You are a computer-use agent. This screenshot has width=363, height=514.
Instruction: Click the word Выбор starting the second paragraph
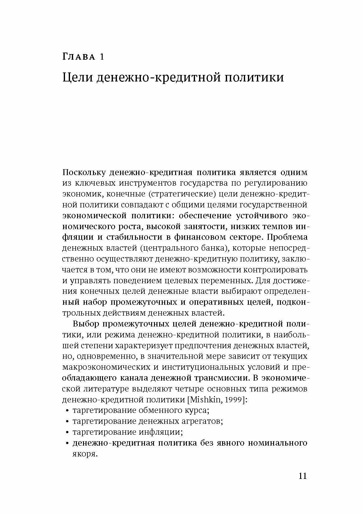point(86,323)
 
